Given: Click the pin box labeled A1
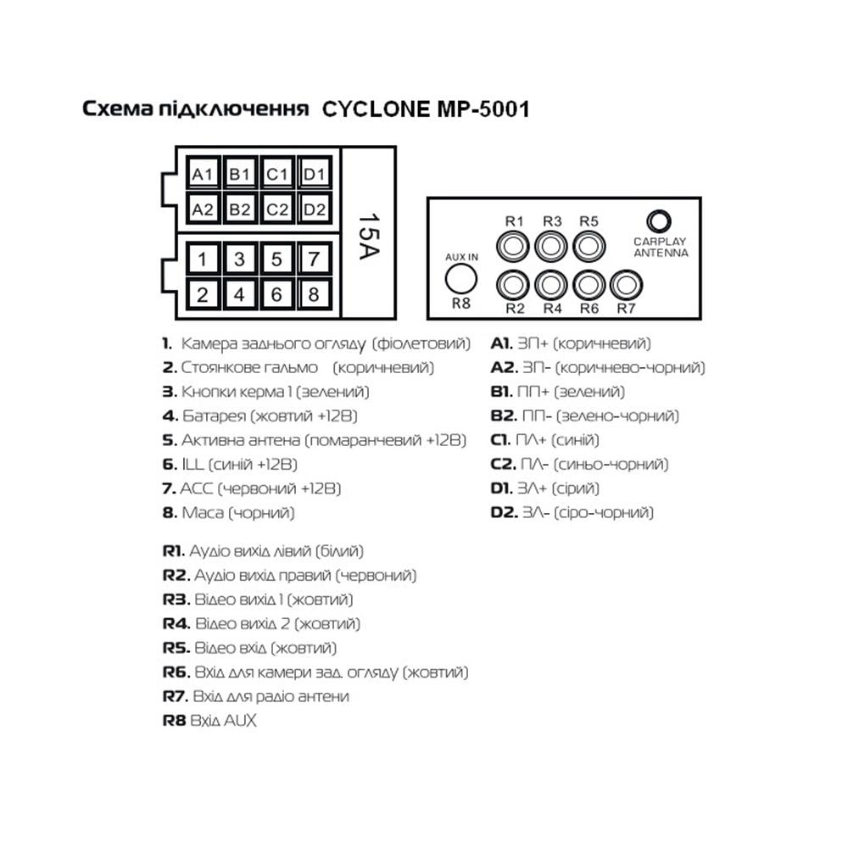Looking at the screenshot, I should point(202,175).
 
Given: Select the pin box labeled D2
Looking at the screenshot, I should point(315,208).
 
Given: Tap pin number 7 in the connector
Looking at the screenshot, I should point(313,259).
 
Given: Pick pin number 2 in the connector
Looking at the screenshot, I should point(203,295).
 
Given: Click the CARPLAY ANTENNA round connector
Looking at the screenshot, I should point(659,221).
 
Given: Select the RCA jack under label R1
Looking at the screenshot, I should point(515,247).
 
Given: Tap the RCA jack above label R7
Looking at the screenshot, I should point(625,283).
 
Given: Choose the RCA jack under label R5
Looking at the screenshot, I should point(589,247).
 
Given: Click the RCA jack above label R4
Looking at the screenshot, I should point(552,283).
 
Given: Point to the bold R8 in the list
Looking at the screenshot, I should point(174,720).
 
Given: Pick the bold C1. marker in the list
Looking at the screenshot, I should point(500,440).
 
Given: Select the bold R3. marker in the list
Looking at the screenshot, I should point(176,600).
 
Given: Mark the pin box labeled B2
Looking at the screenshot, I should point(240,208).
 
